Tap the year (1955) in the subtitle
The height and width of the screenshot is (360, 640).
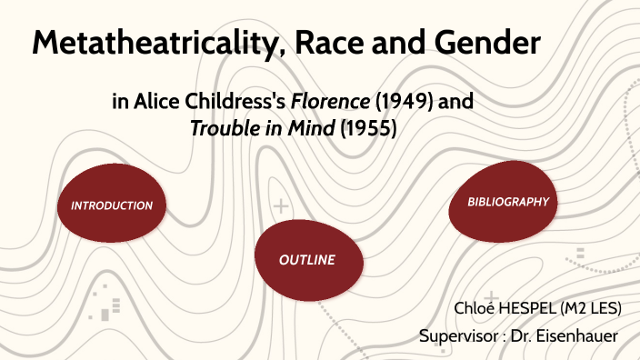(368, 129)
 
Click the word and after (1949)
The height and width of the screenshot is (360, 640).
(455, 102)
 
